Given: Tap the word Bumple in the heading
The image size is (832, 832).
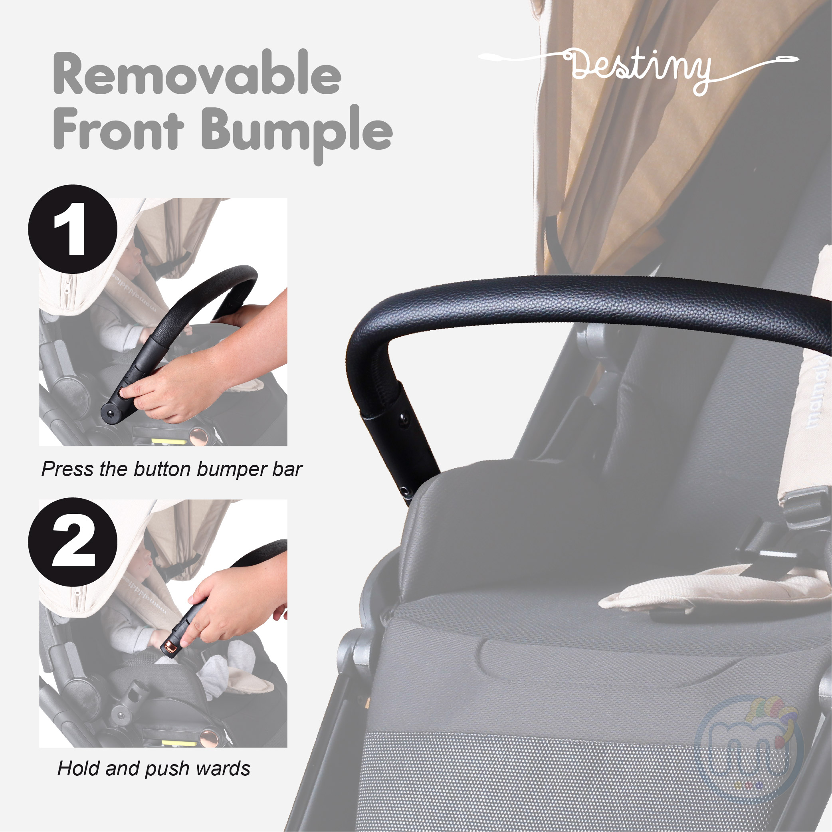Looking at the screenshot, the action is pos(297,133).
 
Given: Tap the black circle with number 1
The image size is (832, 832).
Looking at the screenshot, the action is pos(73,229).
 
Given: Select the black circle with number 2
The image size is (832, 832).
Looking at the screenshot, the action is pos(73,542).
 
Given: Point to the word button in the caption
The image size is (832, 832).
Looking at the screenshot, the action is pos(162,469).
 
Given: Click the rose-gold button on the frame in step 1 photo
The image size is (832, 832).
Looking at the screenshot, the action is pos(199,436).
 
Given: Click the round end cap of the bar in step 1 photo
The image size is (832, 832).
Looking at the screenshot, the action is pos(111,412).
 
